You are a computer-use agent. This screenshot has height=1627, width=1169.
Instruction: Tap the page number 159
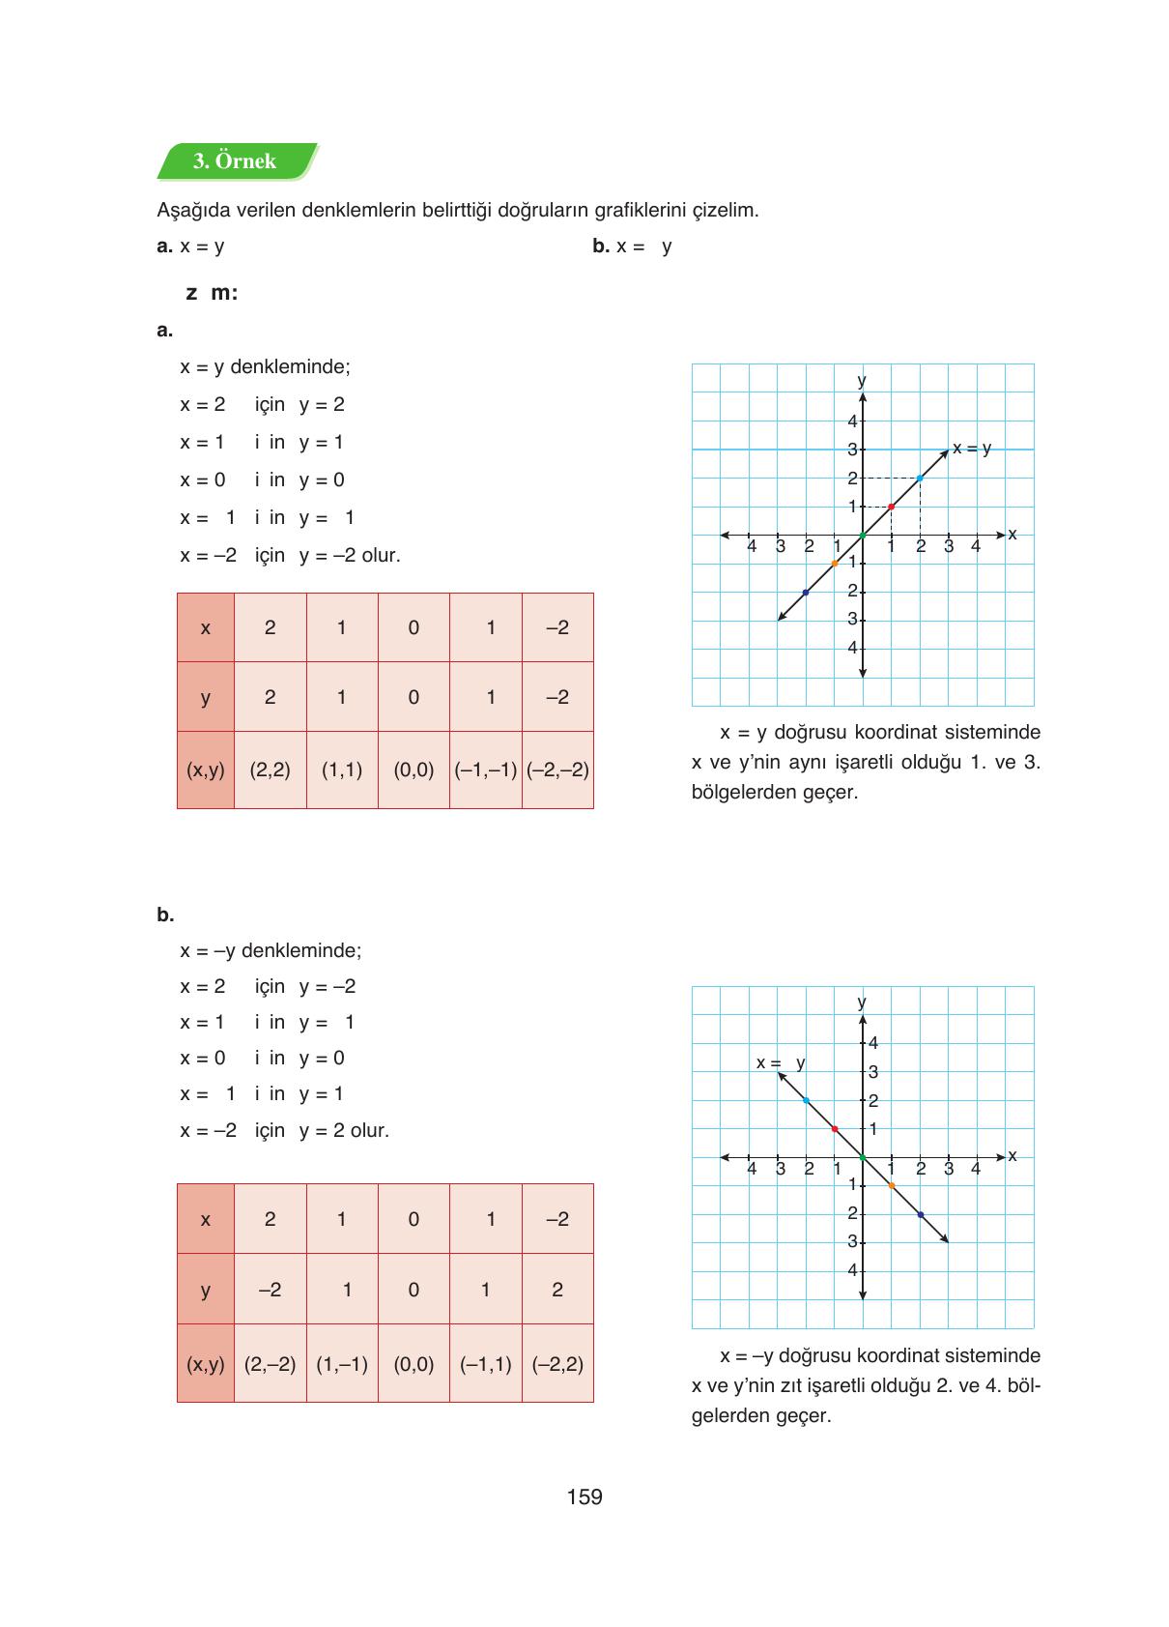[584, 1496]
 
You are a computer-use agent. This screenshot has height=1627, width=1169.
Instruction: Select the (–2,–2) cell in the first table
[557, 770]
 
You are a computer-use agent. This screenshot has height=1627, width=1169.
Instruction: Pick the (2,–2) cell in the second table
[270, 1364]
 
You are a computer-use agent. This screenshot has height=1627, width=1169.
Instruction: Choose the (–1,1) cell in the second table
[485, 1364]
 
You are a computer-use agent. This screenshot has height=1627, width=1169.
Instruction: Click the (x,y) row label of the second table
[205, 1364]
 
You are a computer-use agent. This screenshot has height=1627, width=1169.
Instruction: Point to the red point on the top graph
[891, 507]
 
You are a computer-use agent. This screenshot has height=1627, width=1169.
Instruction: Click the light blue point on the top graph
[920, 478]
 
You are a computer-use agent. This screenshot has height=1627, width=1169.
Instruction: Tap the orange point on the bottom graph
[891, 1185]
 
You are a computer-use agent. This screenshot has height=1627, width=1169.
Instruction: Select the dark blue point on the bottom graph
[920, 1214]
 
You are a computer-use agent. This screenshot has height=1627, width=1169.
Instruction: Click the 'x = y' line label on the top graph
[972, 449]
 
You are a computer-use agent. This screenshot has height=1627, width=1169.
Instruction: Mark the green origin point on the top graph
[863, 535]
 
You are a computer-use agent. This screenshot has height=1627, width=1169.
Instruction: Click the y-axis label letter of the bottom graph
[863, 1002]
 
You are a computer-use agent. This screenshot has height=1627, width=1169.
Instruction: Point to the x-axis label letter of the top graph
[1012, 534]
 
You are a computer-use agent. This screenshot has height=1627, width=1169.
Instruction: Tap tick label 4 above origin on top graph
[852, 421]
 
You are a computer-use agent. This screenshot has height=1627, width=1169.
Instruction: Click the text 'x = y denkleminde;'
[265, 367]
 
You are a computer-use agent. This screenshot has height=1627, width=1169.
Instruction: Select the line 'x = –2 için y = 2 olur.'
[284, 1130]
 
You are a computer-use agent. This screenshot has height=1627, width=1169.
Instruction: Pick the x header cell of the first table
[205, 627]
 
